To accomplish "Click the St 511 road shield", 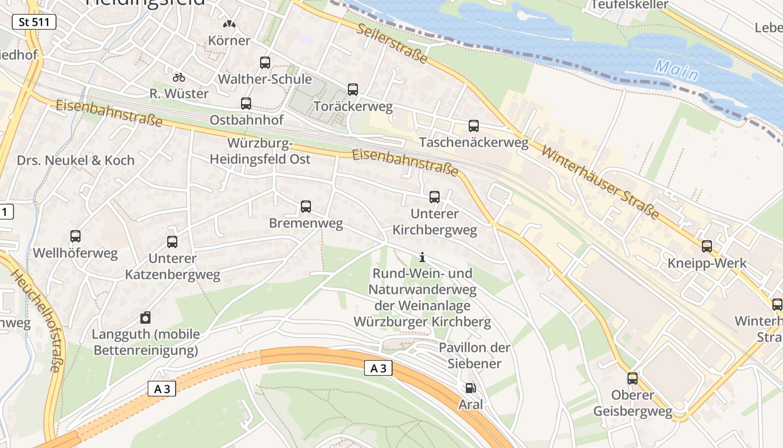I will pos(34,22).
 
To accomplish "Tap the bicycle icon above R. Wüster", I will pos(179,77).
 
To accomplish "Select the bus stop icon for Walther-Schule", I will pos(265,63).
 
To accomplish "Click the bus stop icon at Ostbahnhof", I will pos(246,104).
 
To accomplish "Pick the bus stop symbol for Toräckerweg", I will pos(353,90).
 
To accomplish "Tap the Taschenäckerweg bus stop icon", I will pos(474,126).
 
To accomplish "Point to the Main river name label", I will pos(677,71).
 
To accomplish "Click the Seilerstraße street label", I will pos(392,43).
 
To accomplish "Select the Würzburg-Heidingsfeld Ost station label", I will pos(260,151).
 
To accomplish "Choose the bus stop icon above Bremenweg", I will pos(306,207).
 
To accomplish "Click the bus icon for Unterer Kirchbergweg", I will pos(435,197).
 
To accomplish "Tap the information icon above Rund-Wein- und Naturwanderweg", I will pos(422,258).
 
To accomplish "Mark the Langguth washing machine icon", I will pos(145,318).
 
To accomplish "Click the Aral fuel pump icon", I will pos(470,388).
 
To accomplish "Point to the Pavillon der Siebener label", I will pos(474,355).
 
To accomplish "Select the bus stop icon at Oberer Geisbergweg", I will pos(633,379).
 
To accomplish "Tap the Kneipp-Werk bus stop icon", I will pos(707,246).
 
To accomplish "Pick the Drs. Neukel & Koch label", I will pos(76,160).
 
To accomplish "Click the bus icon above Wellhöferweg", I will pos(76,236).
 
